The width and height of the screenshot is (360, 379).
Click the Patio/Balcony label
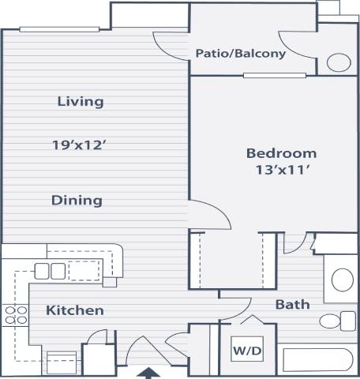point(241,54)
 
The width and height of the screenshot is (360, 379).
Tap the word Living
point(81,101)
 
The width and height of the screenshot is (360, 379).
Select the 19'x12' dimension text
point(79,144)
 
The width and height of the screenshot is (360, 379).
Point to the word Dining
point(77,200)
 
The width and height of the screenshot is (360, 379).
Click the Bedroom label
point(281,153)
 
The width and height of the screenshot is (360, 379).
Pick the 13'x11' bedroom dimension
point(281,171)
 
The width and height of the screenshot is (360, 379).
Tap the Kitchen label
point(74,310)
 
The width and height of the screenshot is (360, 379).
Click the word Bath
point(292,304)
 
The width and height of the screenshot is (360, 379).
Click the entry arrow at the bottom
point(151,372)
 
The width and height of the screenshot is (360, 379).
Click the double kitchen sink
point(50,270)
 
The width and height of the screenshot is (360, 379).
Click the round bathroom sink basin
point(343,279)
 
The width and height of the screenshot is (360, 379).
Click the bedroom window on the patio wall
point(264,76)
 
